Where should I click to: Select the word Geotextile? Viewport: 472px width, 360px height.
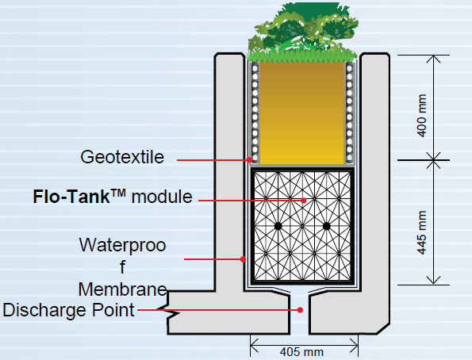click(122, 157)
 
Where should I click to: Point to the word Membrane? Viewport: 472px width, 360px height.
click(122, 288)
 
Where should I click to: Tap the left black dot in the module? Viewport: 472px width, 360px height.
click(278, 227)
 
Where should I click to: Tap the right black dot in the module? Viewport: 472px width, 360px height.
click(326, 227)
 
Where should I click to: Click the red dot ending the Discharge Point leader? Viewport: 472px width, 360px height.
click(300, 309)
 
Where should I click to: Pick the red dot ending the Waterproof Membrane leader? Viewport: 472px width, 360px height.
click(243, 259)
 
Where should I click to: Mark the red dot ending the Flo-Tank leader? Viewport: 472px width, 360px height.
click(305, 201)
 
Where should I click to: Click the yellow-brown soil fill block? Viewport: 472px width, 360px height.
click(301, 111)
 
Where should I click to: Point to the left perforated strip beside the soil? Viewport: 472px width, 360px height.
click(255, 111)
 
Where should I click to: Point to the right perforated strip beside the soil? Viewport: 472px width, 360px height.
click(348, 111)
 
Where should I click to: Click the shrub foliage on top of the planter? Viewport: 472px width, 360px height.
click(300, 28)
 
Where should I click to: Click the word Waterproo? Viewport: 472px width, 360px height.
click(122, 246)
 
